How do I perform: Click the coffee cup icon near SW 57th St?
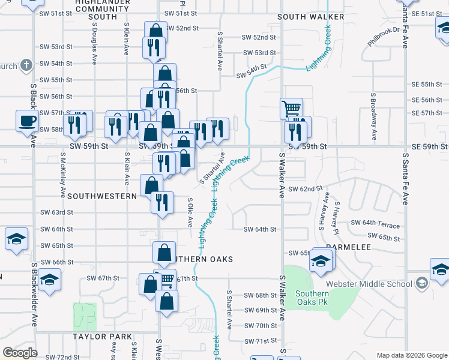(x=27, y=121)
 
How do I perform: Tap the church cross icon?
(x=26, y=64)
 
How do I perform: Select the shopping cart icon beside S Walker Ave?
(x=291, y=109)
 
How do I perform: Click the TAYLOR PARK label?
(x=98, y=337)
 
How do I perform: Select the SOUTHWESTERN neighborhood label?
(x=103, y=196)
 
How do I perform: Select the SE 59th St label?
(x=429, y=146)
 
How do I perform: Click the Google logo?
(x=20, y=353)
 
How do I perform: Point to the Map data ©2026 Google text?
(x=411, y=355)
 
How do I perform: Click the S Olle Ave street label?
(x=190, y=212)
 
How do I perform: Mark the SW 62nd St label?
(x=306, y=189)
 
